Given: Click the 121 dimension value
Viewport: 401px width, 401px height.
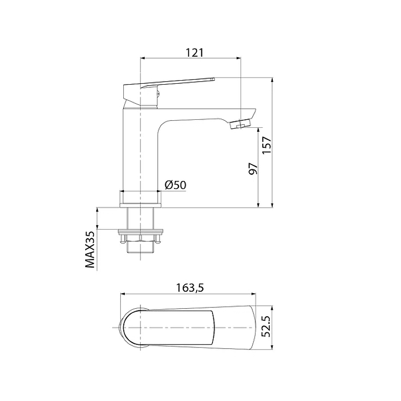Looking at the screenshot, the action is click(x=194, y=53).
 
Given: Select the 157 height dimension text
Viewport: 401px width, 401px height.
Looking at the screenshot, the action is click(x=267, y=145).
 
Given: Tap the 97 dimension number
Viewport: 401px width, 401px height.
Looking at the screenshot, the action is click(x=253, y=168).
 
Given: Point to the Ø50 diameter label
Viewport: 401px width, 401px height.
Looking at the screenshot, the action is click(x=175, y=184).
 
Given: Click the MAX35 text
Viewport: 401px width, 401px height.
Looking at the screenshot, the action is click(x=90, y=249).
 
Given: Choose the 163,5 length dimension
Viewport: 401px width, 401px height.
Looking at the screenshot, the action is click(x=190, y=288).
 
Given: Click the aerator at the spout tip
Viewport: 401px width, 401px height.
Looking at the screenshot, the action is click(x=241, y=124).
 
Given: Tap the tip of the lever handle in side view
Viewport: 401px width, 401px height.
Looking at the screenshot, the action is click(x=214, y=79).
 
